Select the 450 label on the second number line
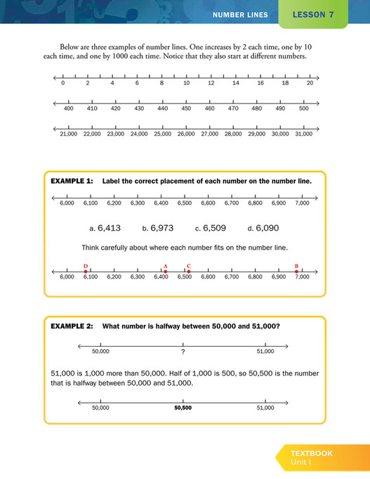[186, 108]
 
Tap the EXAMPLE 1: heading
[72, 181]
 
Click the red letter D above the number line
[86, 266]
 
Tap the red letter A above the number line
[166, 266]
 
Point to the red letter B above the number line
[296, 266]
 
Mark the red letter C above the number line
[189, 266]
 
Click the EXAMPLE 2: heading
[72, 326]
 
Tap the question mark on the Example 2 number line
[183, 351]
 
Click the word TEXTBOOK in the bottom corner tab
[312, 453]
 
